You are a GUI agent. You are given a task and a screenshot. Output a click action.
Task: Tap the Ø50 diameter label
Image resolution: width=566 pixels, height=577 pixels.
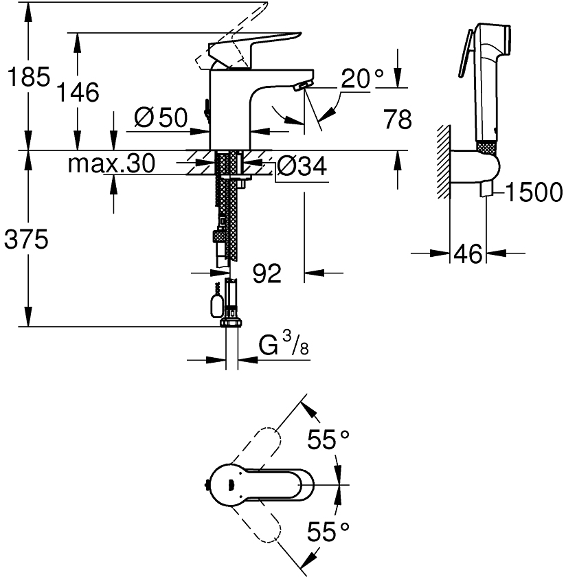tap(161, 118)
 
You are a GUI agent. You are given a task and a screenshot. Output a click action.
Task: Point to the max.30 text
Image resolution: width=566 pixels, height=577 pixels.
tap(112, 163)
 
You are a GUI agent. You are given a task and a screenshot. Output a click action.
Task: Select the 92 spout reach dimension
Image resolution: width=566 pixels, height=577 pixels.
tap(267, 273)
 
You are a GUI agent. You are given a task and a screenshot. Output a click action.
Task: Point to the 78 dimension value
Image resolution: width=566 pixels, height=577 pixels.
tap(397, 120)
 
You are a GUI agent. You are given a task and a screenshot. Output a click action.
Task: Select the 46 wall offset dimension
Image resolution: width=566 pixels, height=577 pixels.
tap(468, 254)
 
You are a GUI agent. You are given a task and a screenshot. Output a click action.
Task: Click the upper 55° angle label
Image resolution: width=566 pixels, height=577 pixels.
tap(328, 440)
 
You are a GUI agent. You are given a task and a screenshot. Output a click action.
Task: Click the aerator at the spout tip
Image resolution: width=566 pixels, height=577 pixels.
tap(299, 87)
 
